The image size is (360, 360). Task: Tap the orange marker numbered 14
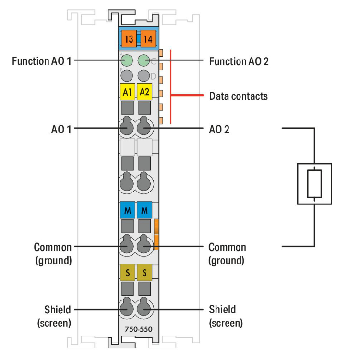coord(148,38)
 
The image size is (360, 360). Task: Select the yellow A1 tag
coord(127,91)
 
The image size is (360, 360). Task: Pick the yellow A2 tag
coord(144,91)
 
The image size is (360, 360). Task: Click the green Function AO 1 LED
coord(127,60)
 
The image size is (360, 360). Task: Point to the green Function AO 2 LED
coord(144,60)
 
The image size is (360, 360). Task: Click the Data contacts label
coord(238,96)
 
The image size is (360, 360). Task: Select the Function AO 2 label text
coord(239,61)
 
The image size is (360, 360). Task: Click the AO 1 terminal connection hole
coord(127,128)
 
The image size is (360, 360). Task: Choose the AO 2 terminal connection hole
coord(144,128)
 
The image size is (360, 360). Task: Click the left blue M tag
coord(127,210)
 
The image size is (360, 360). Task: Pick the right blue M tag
coord(144,210)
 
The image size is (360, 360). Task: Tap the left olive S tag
coord(127,273)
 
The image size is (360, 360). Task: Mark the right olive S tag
coord(144,273)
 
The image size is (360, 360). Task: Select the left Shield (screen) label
coord(54,316)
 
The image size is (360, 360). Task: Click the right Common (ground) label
coord(227,254)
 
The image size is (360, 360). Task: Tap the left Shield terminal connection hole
coord(127,310)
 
